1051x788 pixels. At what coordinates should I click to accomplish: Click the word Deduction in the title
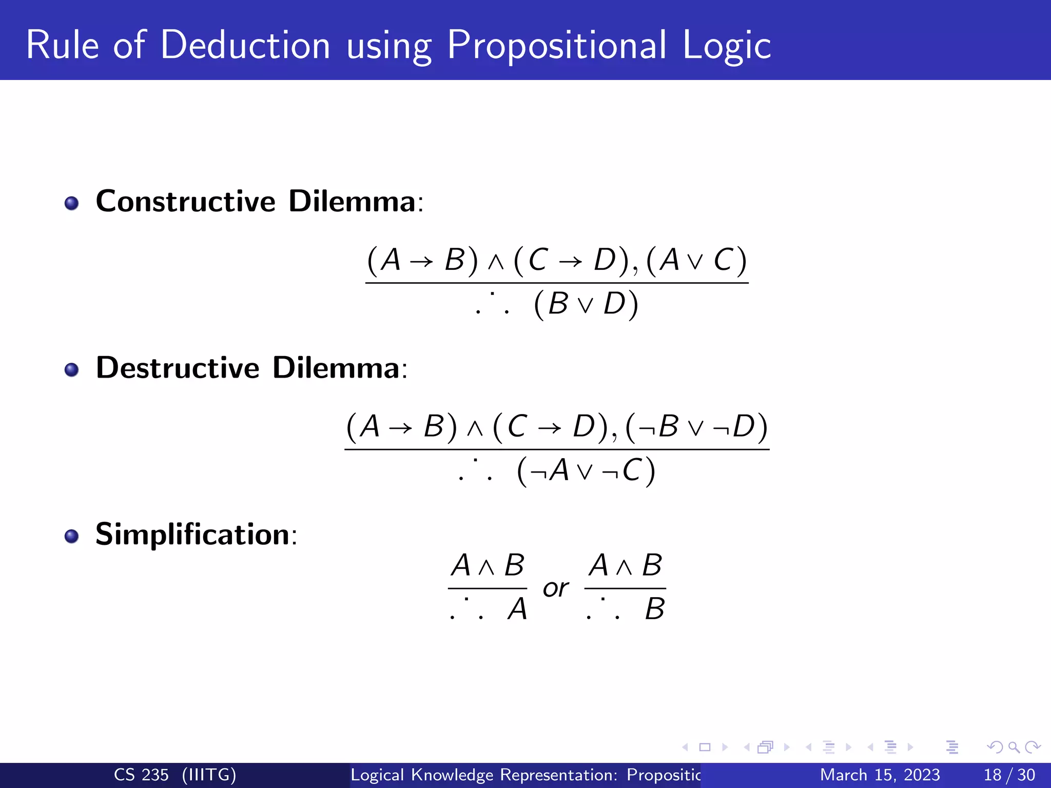[x=245, y=45]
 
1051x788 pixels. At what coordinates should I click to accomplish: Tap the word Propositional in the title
[x=557, y=45]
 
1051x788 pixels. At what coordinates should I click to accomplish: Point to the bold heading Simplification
[x=192, y=534]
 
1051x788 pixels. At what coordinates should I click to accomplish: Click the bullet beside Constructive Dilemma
[x=72, y=203]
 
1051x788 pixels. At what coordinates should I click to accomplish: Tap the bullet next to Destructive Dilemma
[x=72, y=370]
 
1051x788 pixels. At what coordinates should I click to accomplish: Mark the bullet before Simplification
[x=72, y=537]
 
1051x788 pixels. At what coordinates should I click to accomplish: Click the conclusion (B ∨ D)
[x=586, y=304]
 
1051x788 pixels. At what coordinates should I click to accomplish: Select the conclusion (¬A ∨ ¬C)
[x=586, y=470]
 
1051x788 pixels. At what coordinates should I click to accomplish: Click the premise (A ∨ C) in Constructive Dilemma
[x=696, y=260]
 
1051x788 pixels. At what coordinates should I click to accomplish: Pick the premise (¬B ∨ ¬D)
[x=696, y=427]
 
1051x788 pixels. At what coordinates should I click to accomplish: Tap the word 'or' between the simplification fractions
[x=556, y=588]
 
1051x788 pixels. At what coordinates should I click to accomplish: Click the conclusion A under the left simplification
[x=517, y=609]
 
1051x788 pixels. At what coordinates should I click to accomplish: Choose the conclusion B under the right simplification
[x=655, y=609]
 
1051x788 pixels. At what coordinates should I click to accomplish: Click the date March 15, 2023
[x=880, y=775]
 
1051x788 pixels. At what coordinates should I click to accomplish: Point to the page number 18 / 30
[x=1009, y=775]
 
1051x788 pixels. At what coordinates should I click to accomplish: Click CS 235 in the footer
[x=141, y=775]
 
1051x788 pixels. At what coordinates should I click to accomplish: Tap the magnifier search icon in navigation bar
[x=1014, y=747]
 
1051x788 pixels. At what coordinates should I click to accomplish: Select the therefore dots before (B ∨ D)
[x=492, y=304]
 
